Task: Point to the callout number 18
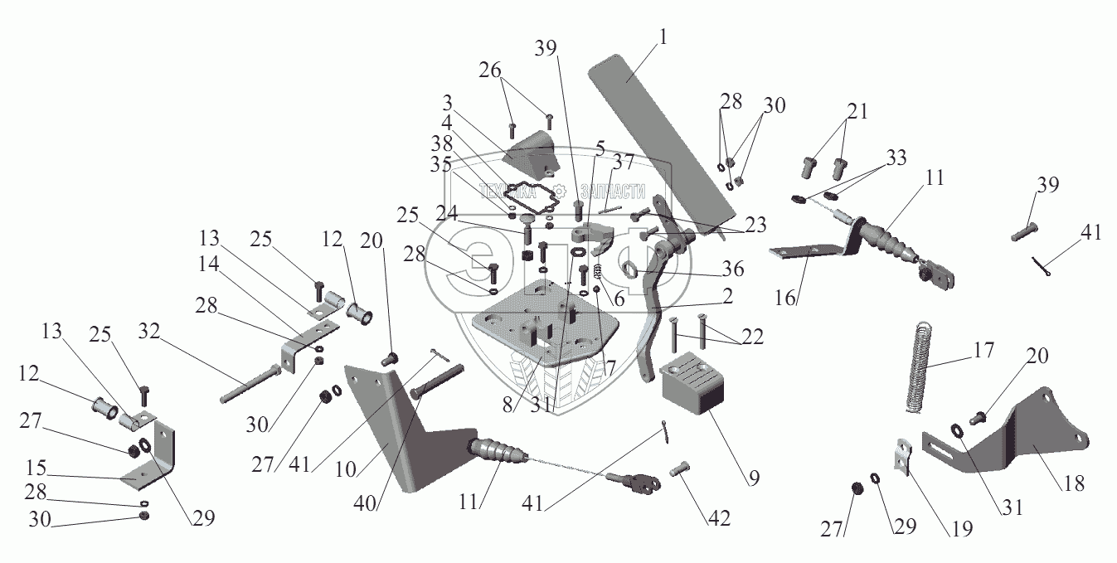1074,483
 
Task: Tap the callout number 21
857,110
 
